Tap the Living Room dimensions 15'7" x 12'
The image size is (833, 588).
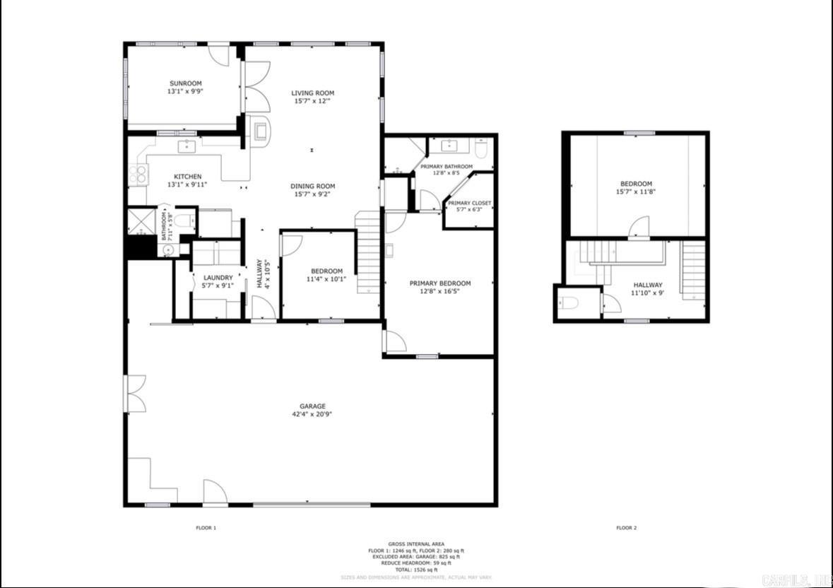point(312,101)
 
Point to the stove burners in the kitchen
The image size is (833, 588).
point(138,174)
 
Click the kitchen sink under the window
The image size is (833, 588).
point(187,146)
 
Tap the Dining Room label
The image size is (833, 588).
point(312,187)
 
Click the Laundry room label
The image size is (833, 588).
point(218,278)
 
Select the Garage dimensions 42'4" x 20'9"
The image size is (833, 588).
point(312,414)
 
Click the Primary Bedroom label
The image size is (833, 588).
point(439,283)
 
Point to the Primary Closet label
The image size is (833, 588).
point(469,204)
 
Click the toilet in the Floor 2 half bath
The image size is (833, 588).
point(569,303)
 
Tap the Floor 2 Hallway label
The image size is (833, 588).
point(647,286)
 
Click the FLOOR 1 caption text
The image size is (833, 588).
point(206,528)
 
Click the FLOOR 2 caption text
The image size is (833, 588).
point(626,528)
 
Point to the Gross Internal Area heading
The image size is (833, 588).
point(416,544)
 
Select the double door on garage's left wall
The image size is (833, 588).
point(134,394)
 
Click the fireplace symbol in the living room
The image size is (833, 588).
point(259,130)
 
